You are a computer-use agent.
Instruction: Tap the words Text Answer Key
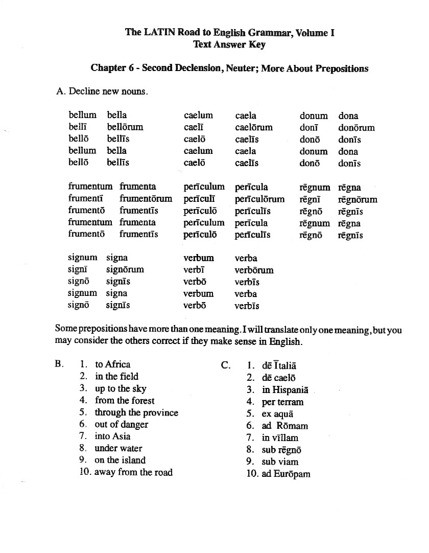click(x=229, y=44)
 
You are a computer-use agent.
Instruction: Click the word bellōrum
click(x=125, y=127)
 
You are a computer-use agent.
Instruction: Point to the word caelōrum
click(x=254, y=127)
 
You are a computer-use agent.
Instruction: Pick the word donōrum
click(x=356, y=128)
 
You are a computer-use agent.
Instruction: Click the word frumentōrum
click(x=146, y=199)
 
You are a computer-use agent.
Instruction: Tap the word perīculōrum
click(x=259, y=199)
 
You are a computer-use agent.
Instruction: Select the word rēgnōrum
click(x=357, y=199)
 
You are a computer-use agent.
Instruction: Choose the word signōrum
click(x=125, y=269)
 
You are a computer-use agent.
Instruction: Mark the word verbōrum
click(x=254, y=270)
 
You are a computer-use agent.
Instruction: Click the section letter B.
click(x=59, y=364)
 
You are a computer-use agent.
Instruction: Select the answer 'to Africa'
click(x=112, y=364)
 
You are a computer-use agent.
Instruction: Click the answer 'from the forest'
click(x=125, y=401)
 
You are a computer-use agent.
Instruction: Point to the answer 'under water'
click(x=118, y=448)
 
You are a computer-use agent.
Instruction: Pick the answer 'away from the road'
click(x=133, y=472)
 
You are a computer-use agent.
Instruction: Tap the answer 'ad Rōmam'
click(x=284, y=426)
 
